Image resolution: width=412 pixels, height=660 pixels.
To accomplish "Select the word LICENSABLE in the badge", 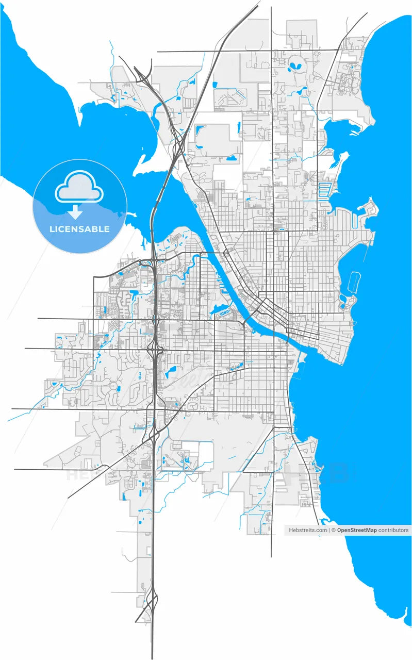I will [79, 229].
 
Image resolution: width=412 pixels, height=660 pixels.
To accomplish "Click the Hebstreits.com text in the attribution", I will [307, 530].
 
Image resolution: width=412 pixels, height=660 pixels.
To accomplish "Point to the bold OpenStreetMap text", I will [356, 530].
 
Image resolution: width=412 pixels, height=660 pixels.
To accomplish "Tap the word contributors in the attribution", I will [393, 530].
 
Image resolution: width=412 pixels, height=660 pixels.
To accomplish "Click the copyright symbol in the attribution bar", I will [333, 530].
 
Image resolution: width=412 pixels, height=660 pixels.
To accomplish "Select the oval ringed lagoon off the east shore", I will [355, 282].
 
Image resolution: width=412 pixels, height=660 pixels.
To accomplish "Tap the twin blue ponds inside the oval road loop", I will [298, 66].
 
